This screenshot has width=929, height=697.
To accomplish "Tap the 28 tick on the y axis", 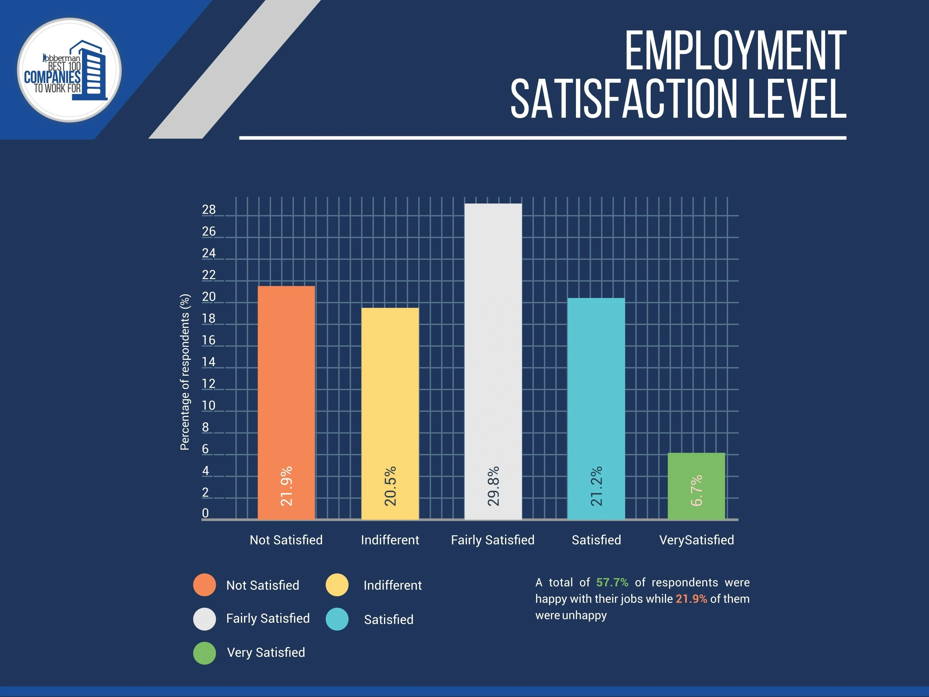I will coord(209,210).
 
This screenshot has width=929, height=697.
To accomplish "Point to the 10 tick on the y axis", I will coord(208,406).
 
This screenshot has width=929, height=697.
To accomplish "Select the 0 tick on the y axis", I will coord(205,513).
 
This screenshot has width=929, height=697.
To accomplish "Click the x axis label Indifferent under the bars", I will coord(390,540).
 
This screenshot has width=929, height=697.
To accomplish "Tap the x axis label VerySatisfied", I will coord(696,540).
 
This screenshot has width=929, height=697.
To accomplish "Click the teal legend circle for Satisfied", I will coord(337,619).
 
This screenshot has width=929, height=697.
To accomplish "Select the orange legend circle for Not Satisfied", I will coord(204,585).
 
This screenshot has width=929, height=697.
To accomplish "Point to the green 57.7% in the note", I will coord(612,582).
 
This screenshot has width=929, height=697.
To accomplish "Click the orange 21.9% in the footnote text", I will coord(691,599).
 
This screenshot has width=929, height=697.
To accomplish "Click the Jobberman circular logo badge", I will coord(69,70).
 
